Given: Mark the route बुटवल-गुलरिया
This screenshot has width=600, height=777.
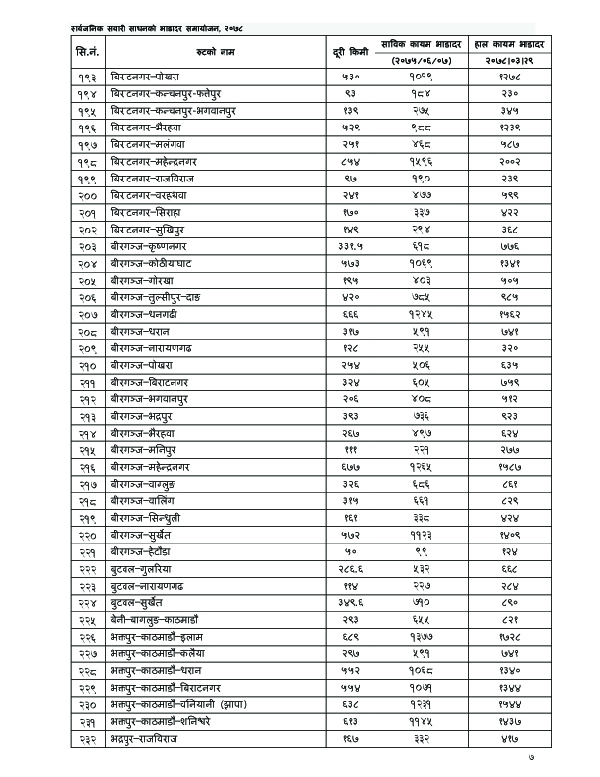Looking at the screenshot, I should (145, 569).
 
